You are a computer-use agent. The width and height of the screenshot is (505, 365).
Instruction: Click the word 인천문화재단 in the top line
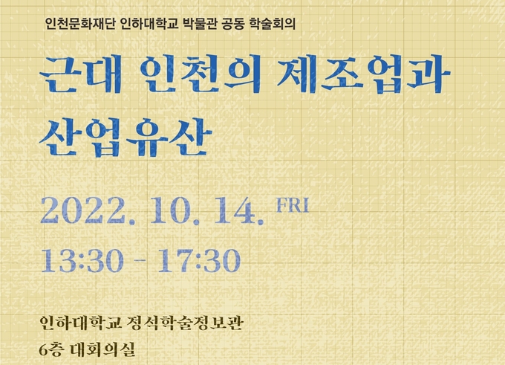coord(80,24)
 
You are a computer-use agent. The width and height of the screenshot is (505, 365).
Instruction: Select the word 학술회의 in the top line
coord(272,24)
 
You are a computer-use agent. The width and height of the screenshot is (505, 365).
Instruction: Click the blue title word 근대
coord(81,74)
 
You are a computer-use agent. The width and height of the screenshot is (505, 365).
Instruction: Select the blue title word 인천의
coord(201,74)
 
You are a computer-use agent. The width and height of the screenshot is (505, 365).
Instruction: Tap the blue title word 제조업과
coord(364,74)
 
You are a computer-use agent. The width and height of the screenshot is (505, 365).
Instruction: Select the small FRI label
coord(293,205)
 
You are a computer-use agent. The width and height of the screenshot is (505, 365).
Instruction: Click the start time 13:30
coord(82,260)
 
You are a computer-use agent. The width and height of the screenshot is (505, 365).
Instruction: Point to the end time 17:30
coord(199,260)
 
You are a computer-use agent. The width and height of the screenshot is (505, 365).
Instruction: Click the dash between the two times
coord(140,260)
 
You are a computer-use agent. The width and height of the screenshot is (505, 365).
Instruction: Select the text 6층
coord(50,349)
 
